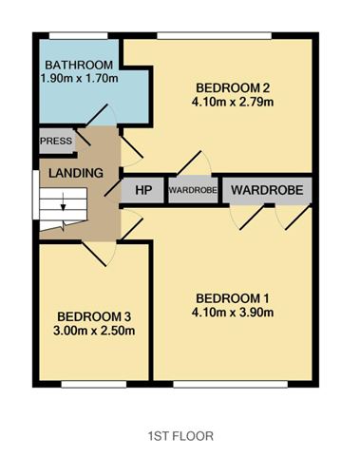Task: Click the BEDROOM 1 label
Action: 233,295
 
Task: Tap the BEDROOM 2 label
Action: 233,82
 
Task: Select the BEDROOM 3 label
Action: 95,316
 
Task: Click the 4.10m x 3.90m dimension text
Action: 233,311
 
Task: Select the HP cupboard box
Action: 143,190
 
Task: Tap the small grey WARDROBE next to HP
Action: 193,190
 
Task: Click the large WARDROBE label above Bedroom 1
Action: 267,190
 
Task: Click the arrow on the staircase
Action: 63,201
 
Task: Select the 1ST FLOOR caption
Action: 180,436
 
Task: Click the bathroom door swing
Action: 103,114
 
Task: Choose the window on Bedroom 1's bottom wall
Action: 231,385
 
